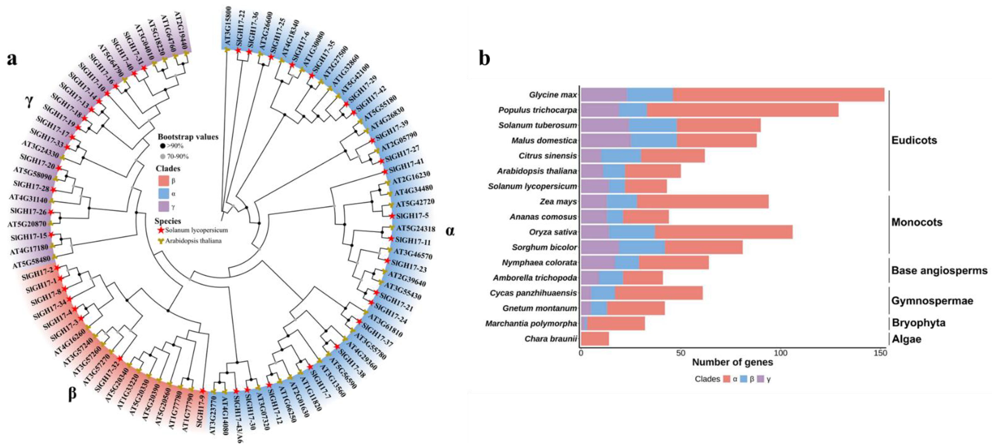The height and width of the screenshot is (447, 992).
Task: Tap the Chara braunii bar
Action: click(595, 339)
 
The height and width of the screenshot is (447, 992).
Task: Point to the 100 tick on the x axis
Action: click(781, 353)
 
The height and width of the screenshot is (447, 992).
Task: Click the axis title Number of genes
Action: click(732, 362)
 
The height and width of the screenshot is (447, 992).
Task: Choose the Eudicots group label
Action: click(914, 140)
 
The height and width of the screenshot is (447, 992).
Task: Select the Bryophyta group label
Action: click(918, 322)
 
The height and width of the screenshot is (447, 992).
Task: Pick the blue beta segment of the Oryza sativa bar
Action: click(632, 232)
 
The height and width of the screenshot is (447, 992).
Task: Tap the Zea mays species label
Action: click(558, 202)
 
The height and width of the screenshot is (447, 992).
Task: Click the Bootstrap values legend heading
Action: click(188, 137)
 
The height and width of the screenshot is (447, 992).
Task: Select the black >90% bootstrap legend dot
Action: click(163, 146)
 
